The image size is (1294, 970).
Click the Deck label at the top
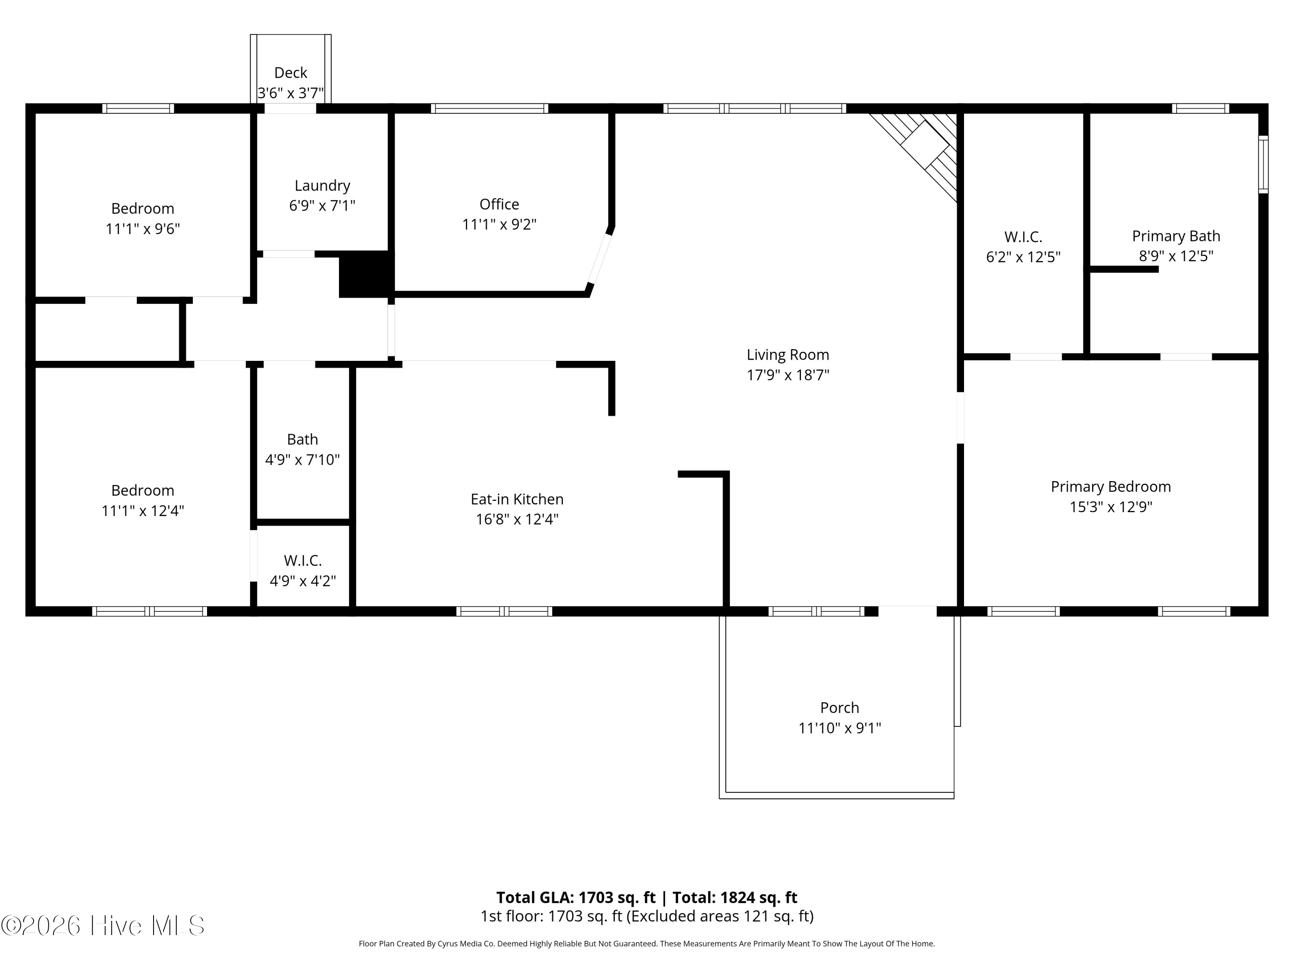click(291, 72)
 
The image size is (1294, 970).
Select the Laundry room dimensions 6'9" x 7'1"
click(322, 206)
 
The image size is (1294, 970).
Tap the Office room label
click(499, 204)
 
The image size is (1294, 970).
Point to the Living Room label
click(788, 355)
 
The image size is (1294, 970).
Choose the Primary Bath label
click(1176, 236)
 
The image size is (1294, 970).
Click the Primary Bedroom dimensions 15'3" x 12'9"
click(1111, 507)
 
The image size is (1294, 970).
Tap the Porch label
click(839, 708)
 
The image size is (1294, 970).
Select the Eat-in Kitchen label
click(517, 499)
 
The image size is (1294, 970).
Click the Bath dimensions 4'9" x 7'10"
click(302, 460)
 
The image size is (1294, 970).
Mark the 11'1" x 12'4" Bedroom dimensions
click(143, 511)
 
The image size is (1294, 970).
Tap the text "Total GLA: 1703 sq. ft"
click(576, 898)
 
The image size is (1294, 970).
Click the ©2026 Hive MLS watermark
click(103, 926)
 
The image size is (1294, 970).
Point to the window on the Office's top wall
click(490, 108)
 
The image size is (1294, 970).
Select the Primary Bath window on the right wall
click(1263, 164)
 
